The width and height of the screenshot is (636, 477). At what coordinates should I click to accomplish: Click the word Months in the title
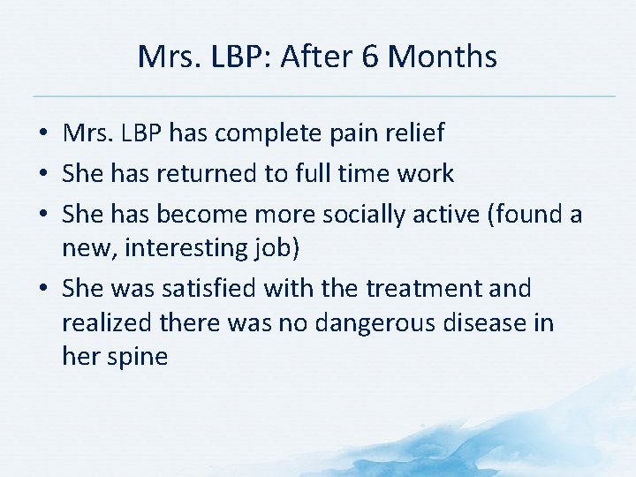[443, 57]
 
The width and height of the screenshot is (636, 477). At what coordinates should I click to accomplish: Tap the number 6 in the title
[369, 57]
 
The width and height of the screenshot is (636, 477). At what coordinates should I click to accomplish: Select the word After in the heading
[314, 57]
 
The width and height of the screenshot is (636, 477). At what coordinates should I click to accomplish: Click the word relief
[413, 133]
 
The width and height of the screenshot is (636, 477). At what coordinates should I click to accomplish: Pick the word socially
[375, 215]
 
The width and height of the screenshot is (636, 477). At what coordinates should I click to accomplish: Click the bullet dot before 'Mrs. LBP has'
[43, 134]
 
